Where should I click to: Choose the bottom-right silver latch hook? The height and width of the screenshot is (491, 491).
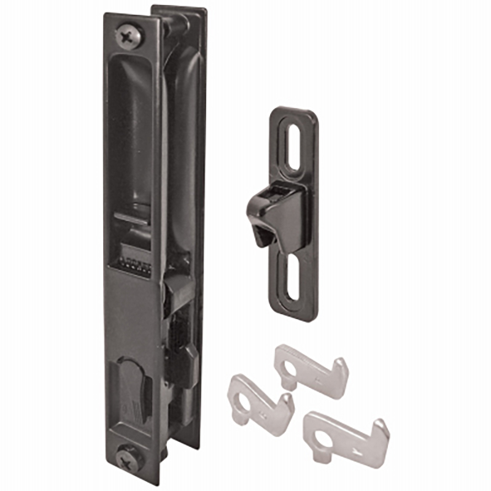pos(344,435)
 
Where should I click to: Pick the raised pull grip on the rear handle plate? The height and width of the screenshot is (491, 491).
pos(188,153)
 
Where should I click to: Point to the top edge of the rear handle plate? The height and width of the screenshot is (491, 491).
pos(178,9)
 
